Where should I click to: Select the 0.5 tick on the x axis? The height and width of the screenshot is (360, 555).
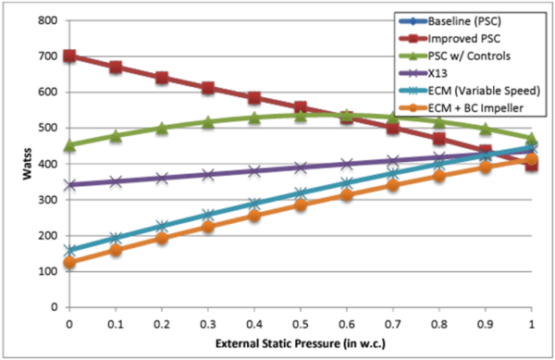tap(300, 323)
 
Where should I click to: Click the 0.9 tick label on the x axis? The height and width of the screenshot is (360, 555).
tap(485, 323)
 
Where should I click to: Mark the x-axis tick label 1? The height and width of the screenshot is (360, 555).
tap(531, 323)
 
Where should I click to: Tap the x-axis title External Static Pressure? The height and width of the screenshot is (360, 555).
tap(300, 344)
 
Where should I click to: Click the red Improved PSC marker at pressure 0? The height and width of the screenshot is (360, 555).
tap(69, 56)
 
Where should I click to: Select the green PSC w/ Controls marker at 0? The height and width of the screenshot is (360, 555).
tap(69, 145)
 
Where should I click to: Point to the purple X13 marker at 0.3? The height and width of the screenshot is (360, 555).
tap(208, 174)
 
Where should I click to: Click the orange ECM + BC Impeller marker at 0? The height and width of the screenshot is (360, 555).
tap(69, 263)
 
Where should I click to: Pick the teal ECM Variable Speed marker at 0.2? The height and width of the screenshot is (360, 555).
tap(162, 227)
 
